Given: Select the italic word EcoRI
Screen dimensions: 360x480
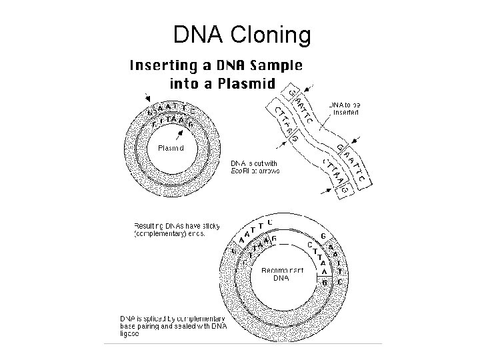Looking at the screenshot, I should tap(240, 171).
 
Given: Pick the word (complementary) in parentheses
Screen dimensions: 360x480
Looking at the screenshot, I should tap(163, 234).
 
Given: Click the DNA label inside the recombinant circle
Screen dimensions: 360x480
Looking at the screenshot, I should tap(281, 279).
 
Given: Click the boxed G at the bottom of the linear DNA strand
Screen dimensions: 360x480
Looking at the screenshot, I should tap(345, 191).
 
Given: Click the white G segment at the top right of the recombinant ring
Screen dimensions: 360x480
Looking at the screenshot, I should tap(323, 236).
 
